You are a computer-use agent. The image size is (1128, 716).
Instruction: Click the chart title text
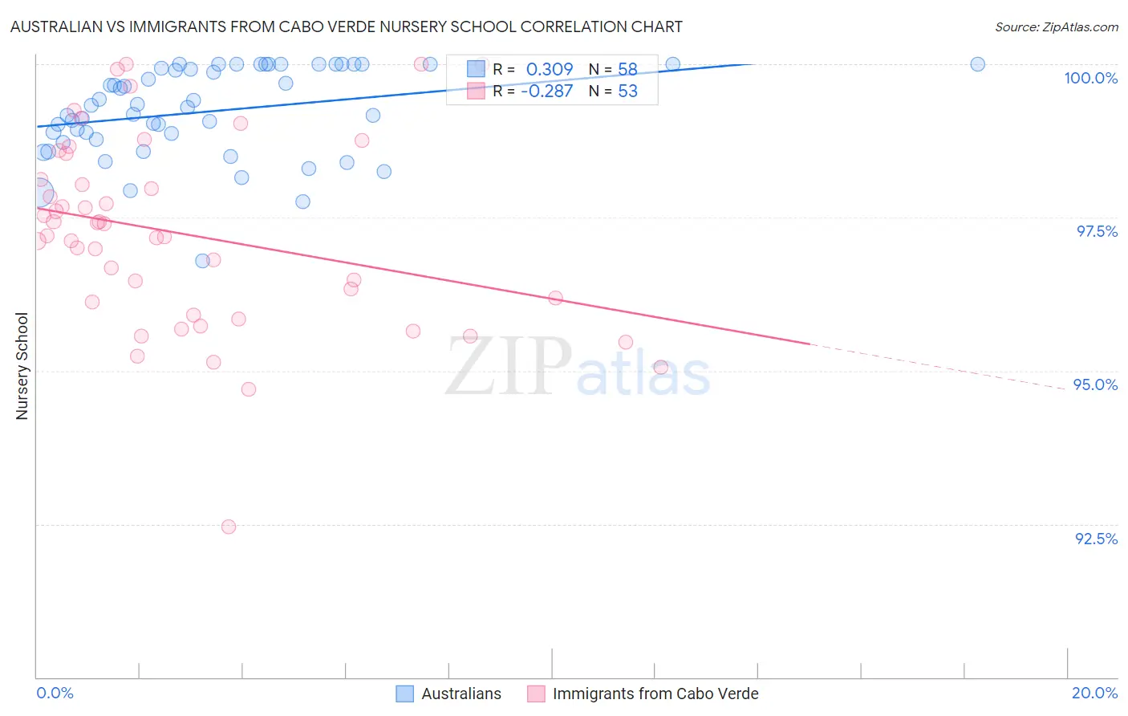[347, 26]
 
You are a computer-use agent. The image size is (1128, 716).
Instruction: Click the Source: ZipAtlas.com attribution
[1056, 26]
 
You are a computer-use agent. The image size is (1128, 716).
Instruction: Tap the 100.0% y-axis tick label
[1090, 78]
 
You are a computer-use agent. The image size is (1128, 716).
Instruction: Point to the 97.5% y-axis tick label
[1096, 231]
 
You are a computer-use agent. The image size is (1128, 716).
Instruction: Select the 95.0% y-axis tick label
[1095, 384]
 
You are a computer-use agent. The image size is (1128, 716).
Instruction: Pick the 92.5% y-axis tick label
[1096, 539]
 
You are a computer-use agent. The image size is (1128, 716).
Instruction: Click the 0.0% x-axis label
[55, 693]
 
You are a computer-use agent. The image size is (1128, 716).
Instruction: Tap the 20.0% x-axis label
[1094, 693]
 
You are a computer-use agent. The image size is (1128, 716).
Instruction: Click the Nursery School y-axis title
[22, 365]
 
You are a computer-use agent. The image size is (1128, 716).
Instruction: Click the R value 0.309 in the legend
[550, 70]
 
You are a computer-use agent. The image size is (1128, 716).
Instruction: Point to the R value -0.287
[546, 92]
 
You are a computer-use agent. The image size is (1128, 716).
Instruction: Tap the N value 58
[627, 70]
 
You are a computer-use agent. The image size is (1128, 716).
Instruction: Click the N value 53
[627, 92]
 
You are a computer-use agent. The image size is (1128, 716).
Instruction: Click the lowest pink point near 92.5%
[229, 527]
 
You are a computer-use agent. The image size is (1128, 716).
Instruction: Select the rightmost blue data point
[977, 64]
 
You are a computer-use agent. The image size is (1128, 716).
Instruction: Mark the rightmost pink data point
[661, 367]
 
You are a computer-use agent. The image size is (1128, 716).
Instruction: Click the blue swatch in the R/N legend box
[476, 70]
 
